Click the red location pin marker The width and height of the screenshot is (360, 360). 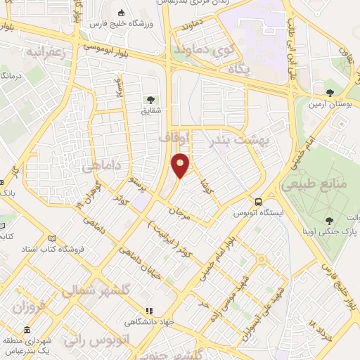181,165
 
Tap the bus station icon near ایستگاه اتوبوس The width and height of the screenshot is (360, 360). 259,200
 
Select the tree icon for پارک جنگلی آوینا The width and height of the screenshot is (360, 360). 328,221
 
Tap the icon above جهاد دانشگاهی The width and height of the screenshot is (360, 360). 148,311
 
